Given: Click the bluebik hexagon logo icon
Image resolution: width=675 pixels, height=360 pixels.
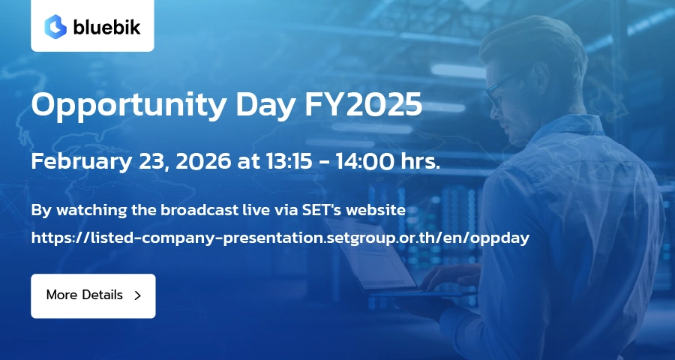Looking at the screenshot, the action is [x=55, y=27].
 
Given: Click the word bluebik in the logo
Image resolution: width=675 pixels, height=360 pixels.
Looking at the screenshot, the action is [x=106, y=27].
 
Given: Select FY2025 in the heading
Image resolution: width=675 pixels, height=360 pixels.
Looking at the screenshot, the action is [x=363, y=105].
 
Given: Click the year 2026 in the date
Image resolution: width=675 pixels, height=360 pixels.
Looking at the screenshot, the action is [x=203, y=161].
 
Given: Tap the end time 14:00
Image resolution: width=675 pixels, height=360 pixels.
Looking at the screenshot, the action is [x=365, y=161].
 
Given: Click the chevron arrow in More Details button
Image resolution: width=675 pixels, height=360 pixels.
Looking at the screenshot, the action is [x=138, y=295].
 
